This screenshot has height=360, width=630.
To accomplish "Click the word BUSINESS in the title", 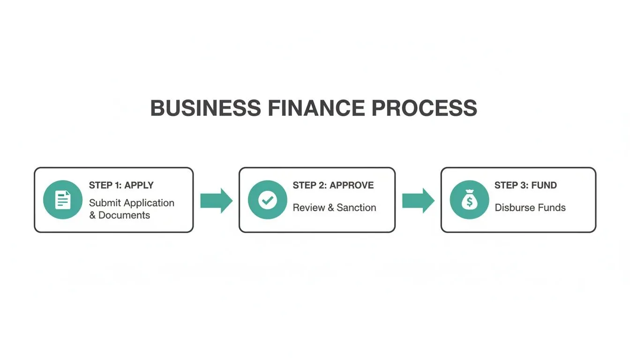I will (x=205, y=108).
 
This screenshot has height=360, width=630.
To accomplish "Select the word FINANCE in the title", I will (x=315, y=108).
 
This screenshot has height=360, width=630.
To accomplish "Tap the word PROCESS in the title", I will (x=424, y=108).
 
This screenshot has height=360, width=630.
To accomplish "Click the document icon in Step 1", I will (x=63, y=200).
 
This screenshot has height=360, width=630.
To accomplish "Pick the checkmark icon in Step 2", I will (x=267, y=200).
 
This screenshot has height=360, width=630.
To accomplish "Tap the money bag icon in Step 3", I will (x=469, y=200).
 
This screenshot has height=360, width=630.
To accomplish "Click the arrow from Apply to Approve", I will (x=216, y=201).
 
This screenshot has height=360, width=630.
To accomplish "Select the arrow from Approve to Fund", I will (x=418, y=201).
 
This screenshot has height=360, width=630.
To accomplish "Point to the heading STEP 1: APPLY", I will (x=121, y=185).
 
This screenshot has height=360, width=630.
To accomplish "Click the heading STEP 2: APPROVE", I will (x=333, y=185).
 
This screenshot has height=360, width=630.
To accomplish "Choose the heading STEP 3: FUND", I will (x=525, y=185).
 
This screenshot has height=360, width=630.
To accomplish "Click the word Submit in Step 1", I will (x=105, y=203).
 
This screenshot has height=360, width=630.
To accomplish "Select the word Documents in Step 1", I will (x=124, y=215).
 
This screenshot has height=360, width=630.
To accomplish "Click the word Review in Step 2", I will (x=307, y=207).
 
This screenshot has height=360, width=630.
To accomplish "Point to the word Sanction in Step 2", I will (x=356, y=207).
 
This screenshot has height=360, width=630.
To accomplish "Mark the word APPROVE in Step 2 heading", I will (x=352, y=185).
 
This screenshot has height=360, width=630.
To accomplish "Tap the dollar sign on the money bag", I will (x=469, y=202).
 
